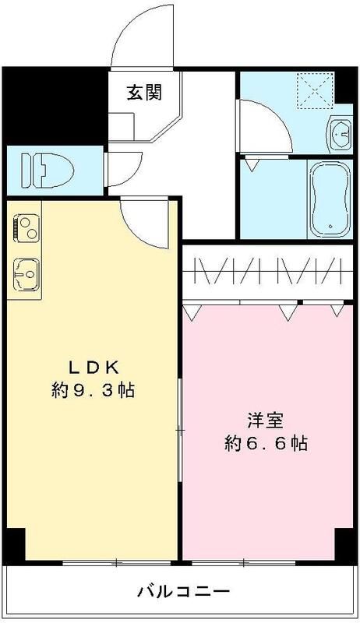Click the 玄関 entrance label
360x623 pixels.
point(144,93)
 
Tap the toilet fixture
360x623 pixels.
point(48,168)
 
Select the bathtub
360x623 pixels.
point(326,199)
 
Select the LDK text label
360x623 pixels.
point(93,367)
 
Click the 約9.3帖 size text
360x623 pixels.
point(93,391)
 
